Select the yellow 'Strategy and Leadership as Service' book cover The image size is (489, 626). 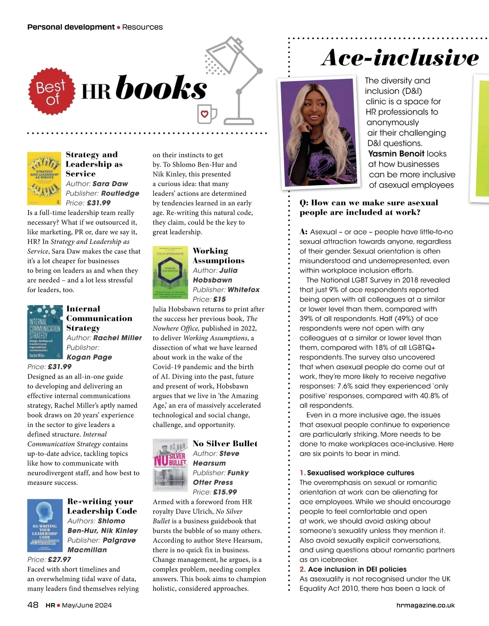pyautogui.click(x=44, y=179)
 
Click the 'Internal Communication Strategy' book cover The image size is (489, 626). pyautogui.click(x=44, y=332)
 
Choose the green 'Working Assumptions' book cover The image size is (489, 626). pyautogui.click(x=170, y=272)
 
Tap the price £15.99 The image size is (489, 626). pyautogui.click(x=225, y=492)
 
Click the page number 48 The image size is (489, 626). pyautogui.click(x=33, y=605)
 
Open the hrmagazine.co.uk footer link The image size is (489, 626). pyautogui.click(x=425, y=605)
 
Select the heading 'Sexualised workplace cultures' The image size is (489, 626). pyautogui.click(x=360, y=473)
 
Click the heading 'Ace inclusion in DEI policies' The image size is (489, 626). pyautogui.click(x=357, y=569)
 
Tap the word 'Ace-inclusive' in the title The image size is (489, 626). pyautogui.click(x=400, y=58)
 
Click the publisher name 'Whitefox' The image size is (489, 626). pyautogui.click(x=244, y=290)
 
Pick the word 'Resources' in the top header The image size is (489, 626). pyautogui.click(x=142, y=27)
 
